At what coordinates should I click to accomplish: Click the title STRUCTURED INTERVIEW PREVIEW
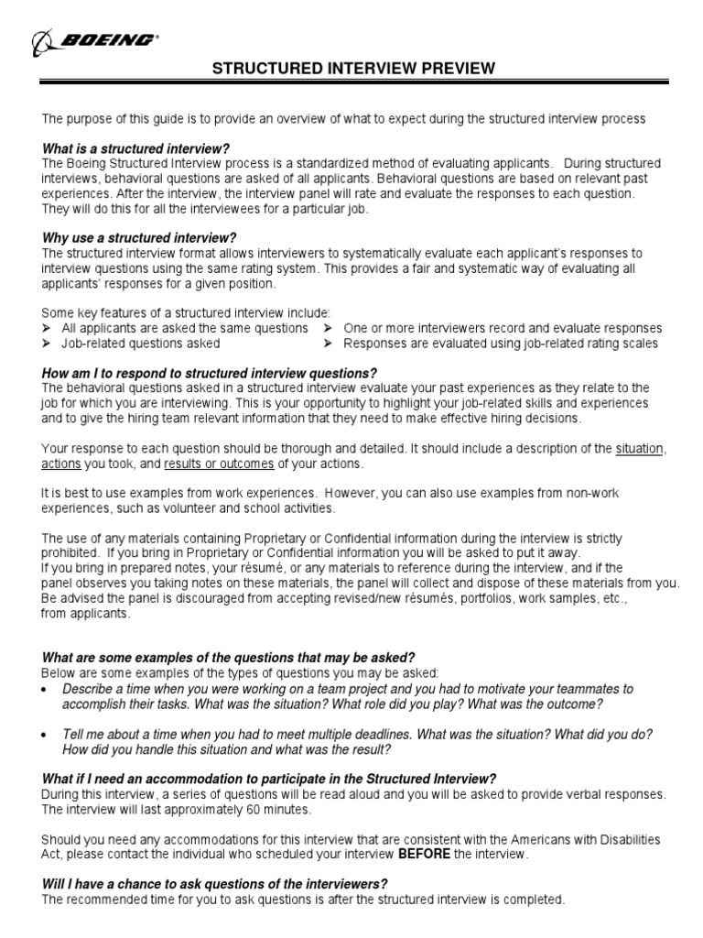click(354, 69)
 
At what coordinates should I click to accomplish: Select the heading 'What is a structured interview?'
click(135, 148)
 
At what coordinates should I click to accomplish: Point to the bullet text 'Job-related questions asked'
click(140, 344)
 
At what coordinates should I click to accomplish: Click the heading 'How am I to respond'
click(210, 373)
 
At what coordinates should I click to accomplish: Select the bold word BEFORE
click(424, 854)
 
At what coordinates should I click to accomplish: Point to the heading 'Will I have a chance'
click(215, 884)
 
